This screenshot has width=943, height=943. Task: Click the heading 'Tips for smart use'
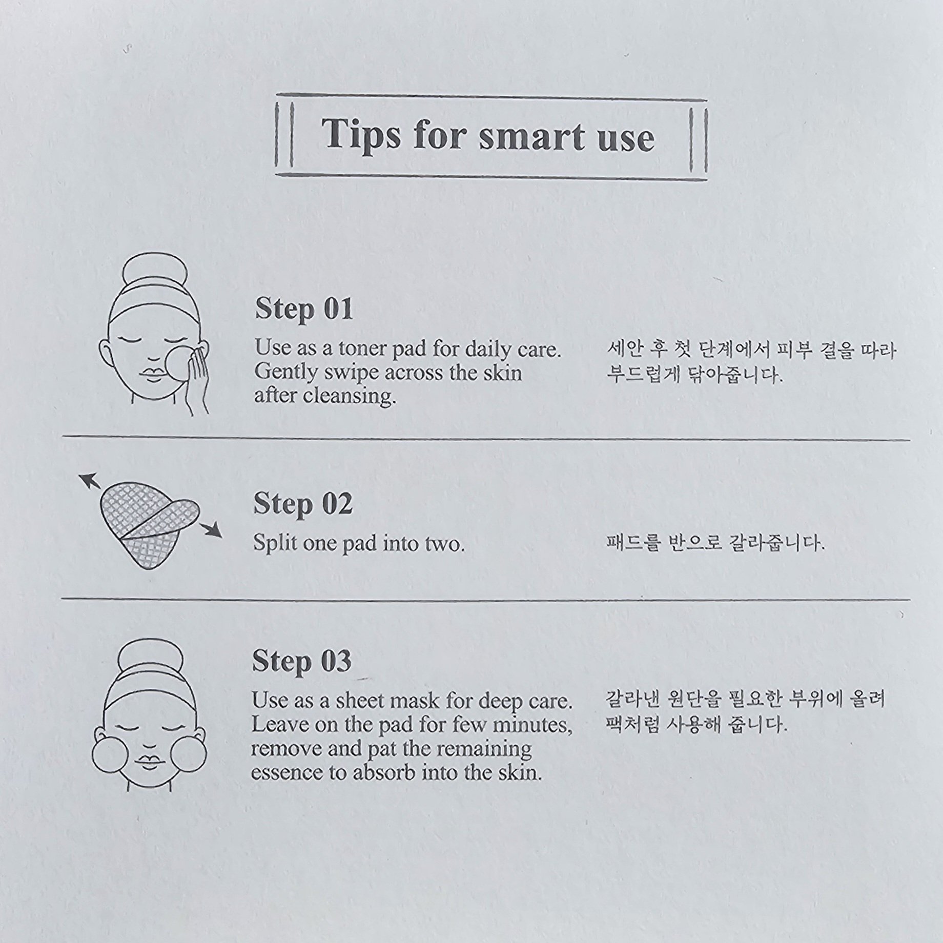click(488, 136)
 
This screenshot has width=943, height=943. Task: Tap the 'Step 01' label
click(304, 310)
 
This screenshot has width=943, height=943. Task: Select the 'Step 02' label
click(303, 504)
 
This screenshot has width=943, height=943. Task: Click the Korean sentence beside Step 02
click(715, 543)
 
